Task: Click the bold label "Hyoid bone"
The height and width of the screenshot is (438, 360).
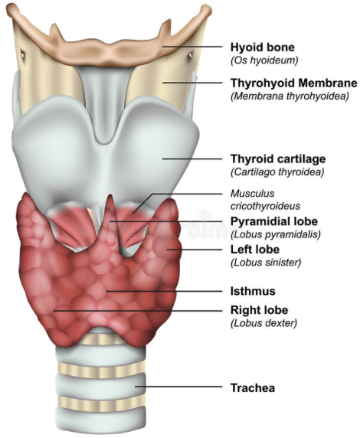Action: click(x=263, y=47)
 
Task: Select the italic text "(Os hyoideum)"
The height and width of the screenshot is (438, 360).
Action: click(x=264, y=60)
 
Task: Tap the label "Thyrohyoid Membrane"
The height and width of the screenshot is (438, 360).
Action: click(x=294, y=83)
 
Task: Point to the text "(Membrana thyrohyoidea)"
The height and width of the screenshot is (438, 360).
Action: click(x=290, y=96)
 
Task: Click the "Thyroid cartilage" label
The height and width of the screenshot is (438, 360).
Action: click(x=278, y=159)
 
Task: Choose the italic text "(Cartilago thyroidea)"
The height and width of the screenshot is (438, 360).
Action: click(x=277, y=172)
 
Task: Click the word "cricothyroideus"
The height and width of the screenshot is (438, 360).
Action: click(x=265, y=206)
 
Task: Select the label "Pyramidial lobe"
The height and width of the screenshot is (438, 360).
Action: click(x=274, y=221)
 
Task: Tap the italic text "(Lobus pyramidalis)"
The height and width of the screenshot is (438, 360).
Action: click(x=276, y=234)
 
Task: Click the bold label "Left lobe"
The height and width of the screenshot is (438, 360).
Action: click(x=255, y=249)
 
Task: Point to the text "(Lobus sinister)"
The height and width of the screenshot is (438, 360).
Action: click(x=266, y=263)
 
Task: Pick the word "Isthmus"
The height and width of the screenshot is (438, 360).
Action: click(x=253, y=291)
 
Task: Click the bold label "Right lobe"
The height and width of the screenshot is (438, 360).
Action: click(x=259, y=310)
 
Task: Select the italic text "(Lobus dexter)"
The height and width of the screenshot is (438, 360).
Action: click(x=263, y=323)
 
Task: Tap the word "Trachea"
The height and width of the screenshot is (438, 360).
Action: click(x=253, y=388)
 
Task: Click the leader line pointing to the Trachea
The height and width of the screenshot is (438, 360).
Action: click(x=179, y=387)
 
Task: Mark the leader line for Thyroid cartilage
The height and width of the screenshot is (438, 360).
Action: click(x=192, y=159)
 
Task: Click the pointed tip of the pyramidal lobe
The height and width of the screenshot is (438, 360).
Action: click(x=111, y=195)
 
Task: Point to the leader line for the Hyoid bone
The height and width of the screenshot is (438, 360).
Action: click(x=192, y=47)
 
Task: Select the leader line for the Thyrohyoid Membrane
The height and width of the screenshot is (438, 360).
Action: click(x=192, y=83)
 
